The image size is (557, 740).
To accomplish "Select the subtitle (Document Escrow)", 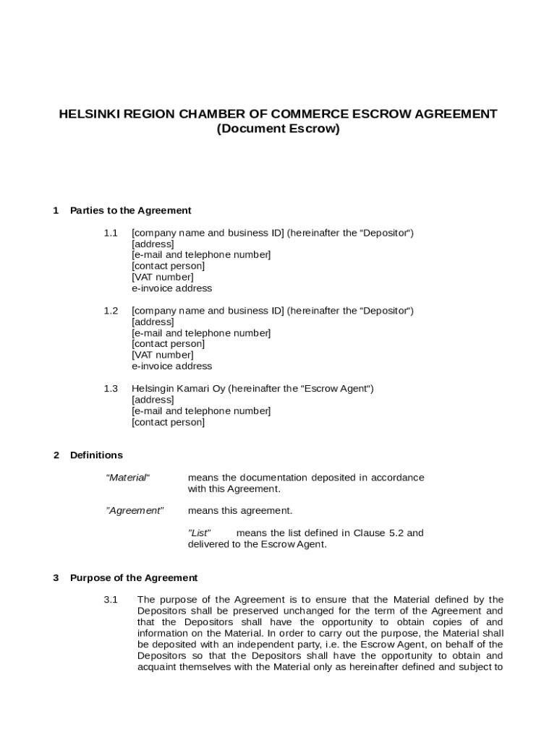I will click(x=278, y=129).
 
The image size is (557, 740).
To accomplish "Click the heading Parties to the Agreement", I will click(x=130, y=211).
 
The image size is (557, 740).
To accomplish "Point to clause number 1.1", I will click(x=110, y=233).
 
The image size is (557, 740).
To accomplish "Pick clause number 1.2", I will click(x=110, y=311).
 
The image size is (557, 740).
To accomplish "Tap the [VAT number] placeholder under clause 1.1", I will click(x=162, y=277).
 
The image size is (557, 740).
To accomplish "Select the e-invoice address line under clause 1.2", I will click(x=171, y=366).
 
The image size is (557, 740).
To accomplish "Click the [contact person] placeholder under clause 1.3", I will click(x=168, y=422).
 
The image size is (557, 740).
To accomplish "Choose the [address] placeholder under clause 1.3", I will click(x=153, y=400).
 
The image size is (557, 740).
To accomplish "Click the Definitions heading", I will click(x=96, y=455).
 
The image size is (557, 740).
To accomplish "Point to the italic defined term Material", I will click(x=127, y=478).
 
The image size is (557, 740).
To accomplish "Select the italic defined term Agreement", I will click(x=135, y=511).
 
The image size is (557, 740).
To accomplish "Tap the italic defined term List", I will click(x=199, y=533).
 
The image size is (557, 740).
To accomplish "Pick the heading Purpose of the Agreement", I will click(x=133, y=578).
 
